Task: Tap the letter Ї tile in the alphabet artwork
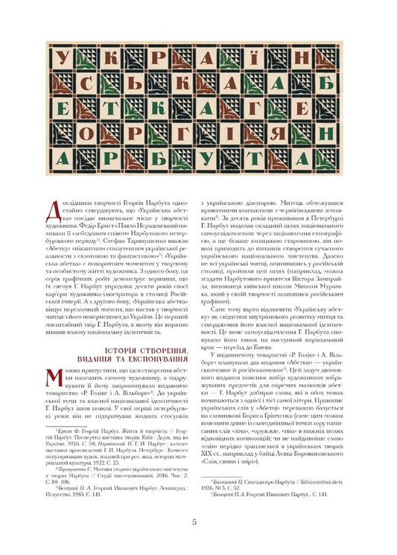click(276, 59)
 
